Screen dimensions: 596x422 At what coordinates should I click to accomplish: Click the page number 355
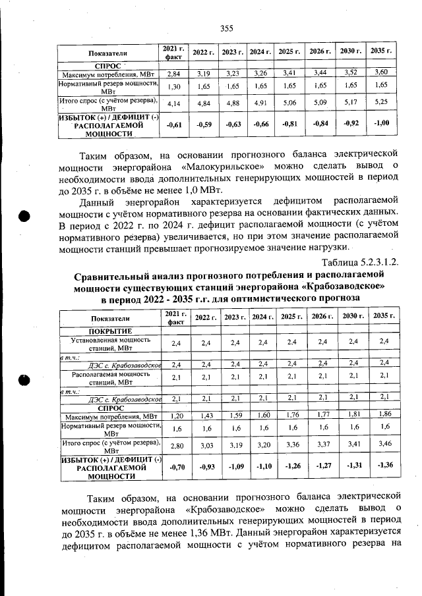[x=226, y=28]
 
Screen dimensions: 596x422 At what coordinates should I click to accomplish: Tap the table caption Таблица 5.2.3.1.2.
[x=354, y=263]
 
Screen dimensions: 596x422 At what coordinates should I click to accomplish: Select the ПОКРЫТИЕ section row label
[x=111, y=330]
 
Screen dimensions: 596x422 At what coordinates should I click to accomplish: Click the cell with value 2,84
[x=174, y=72]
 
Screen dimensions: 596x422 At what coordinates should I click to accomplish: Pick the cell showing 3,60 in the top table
[x=380, y=72]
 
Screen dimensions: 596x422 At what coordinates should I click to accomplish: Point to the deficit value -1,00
[x=380, y=124]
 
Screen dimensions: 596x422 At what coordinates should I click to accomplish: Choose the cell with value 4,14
[x=174, y=103]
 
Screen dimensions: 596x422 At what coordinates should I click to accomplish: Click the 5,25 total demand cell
[x=380, y=103]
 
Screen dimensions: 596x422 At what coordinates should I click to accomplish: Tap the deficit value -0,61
[x=174, y=124]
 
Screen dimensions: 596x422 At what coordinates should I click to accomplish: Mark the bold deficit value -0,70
[x=175, y=468]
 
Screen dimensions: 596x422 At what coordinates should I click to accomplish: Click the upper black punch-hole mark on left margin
[x=24, y=218]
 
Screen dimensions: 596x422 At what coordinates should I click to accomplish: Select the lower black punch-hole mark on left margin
[x=24, y=379]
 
